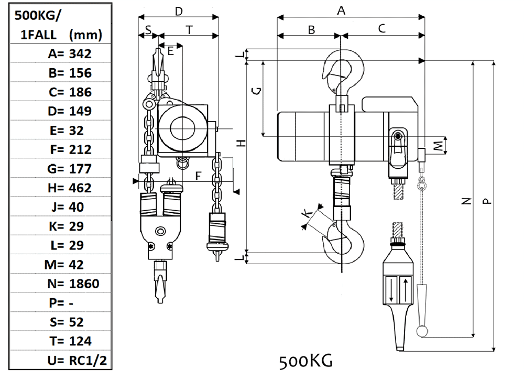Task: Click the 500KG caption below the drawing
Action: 305,361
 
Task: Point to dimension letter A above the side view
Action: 341,10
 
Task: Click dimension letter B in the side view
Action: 311,29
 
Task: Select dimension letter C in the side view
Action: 381,28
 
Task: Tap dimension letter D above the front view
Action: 179,11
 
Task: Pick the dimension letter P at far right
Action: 487,200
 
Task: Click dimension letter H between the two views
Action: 241,143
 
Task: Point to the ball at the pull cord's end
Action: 422,331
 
